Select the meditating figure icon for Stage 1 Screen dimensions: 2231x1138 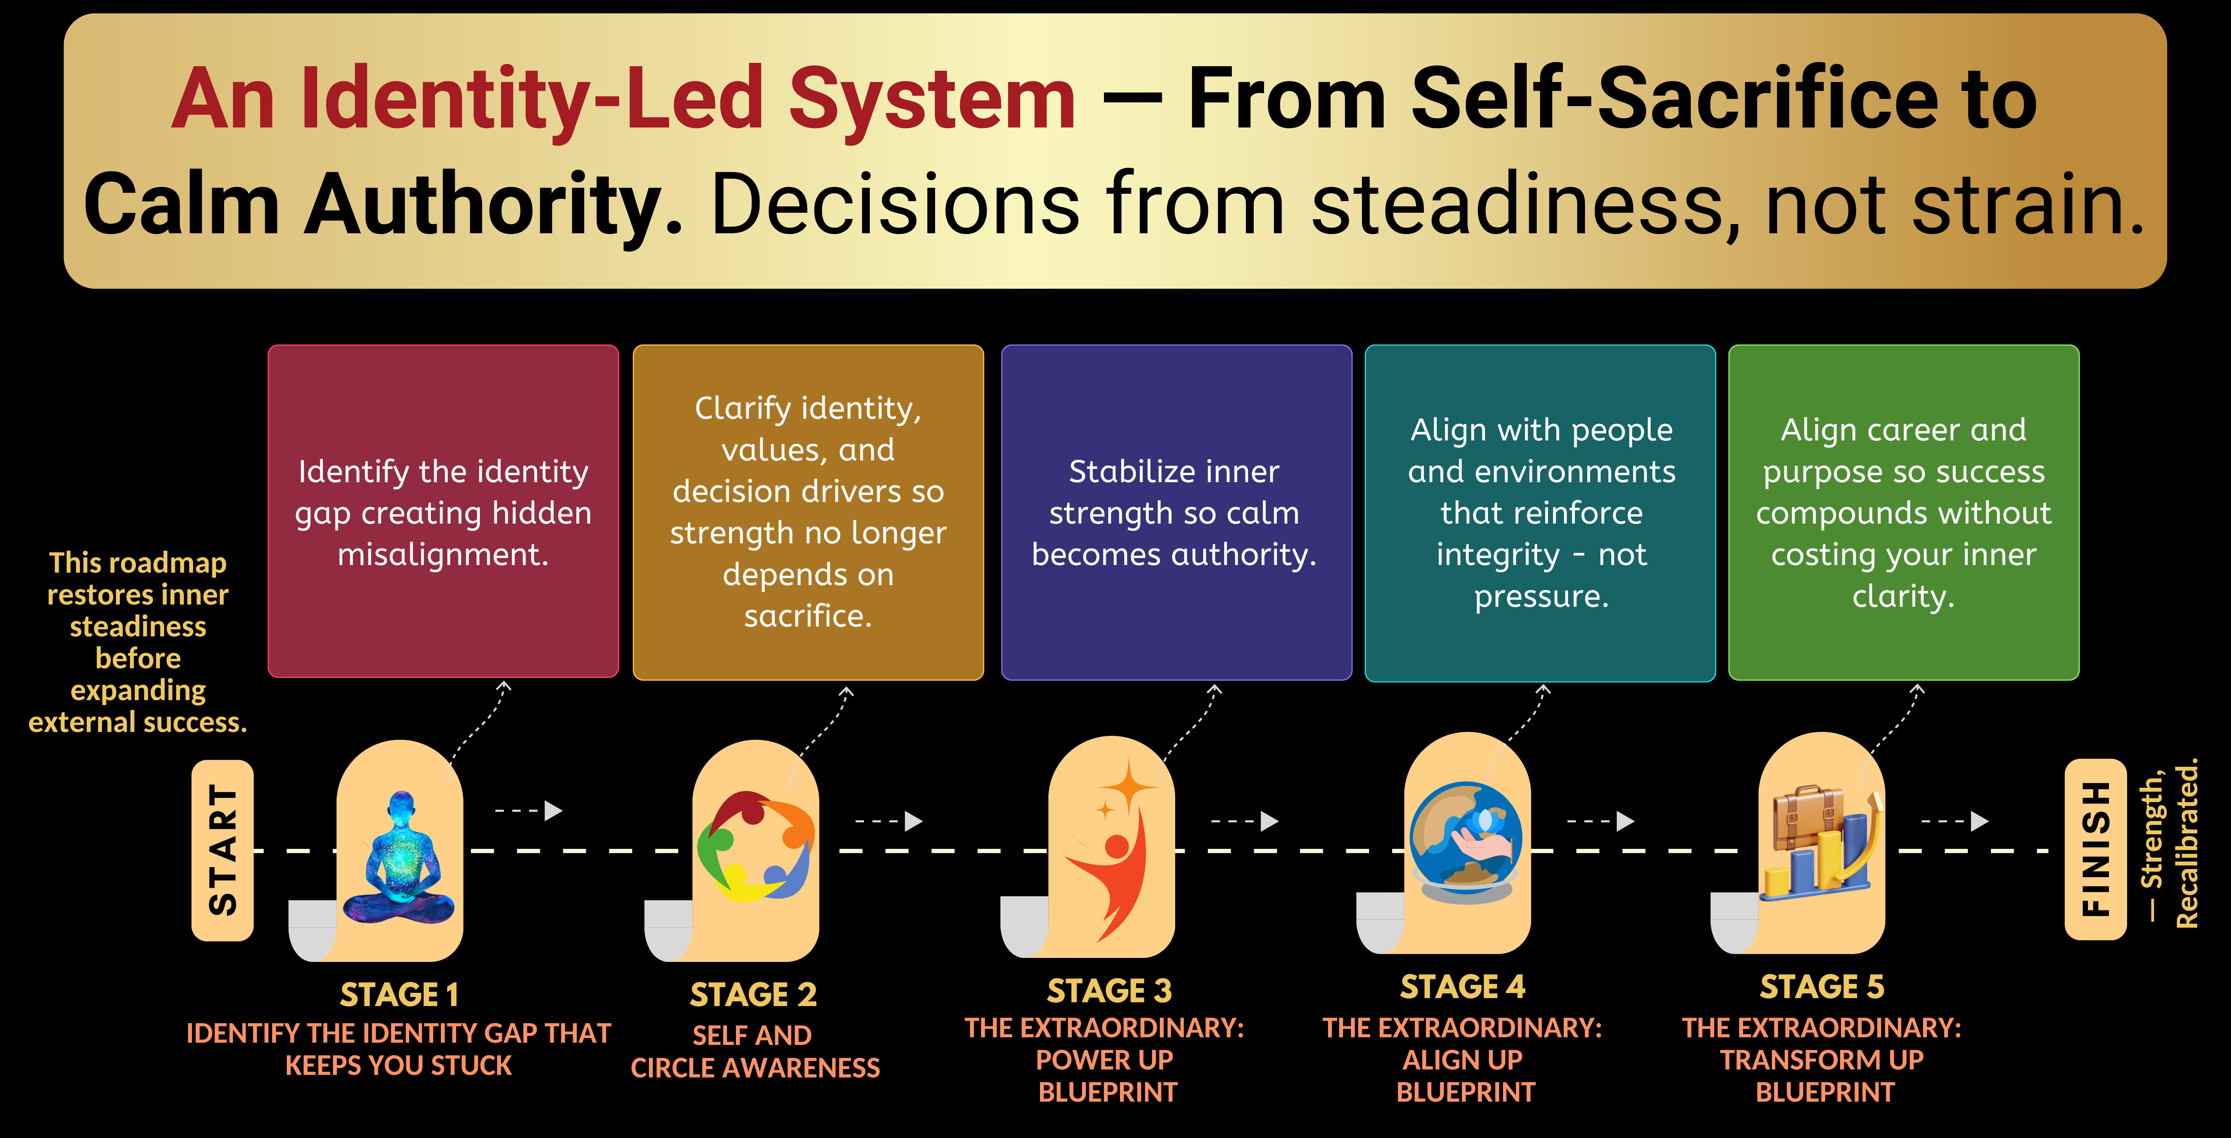pyautogui.click(x=399, y=857)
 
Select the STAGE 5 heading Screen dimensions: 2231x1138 pyautogui.click(x=1822, y=986)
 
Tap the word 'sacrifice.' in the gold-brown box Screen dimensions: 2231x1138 pyautogui.click(x=808, y=616)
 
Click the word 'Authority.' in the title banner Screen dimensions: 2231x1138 pyautogui.click(x=494, y=204)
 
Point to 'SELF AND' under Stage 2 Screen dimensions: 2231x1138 pyautogui.click(x=752, y=1035)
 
